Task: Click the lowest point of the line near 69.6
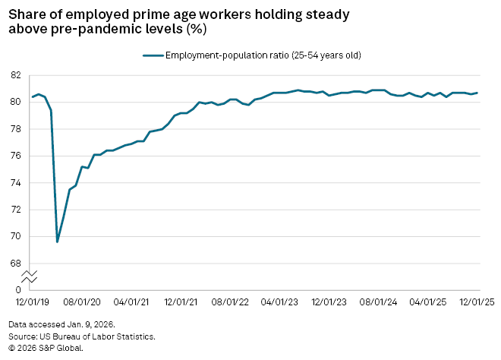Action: pyautogui.click(x=58, y=242)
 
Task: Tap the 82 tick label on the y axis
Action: pyautogui.click(x=15, y=75)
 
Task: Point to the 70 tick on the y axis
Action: pyautogui.click(x=15, y=237)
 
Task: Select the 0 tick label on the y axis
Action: pyautogui.click(x=17, y=290)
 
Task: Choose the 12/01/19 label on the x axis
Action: pyautogui.click(x=28, y=302)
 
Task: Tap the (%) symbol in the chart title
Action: pyautogui.click(x=196, y=30)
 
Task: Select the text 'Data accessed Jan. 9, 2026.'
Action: pyautogui.click(x=61, y=323)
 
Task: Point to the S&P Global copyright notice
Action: pyautogui.click(x=46, y=348)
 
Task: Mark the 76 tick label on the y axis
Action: pyautogui.click(x=15, y=156)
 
